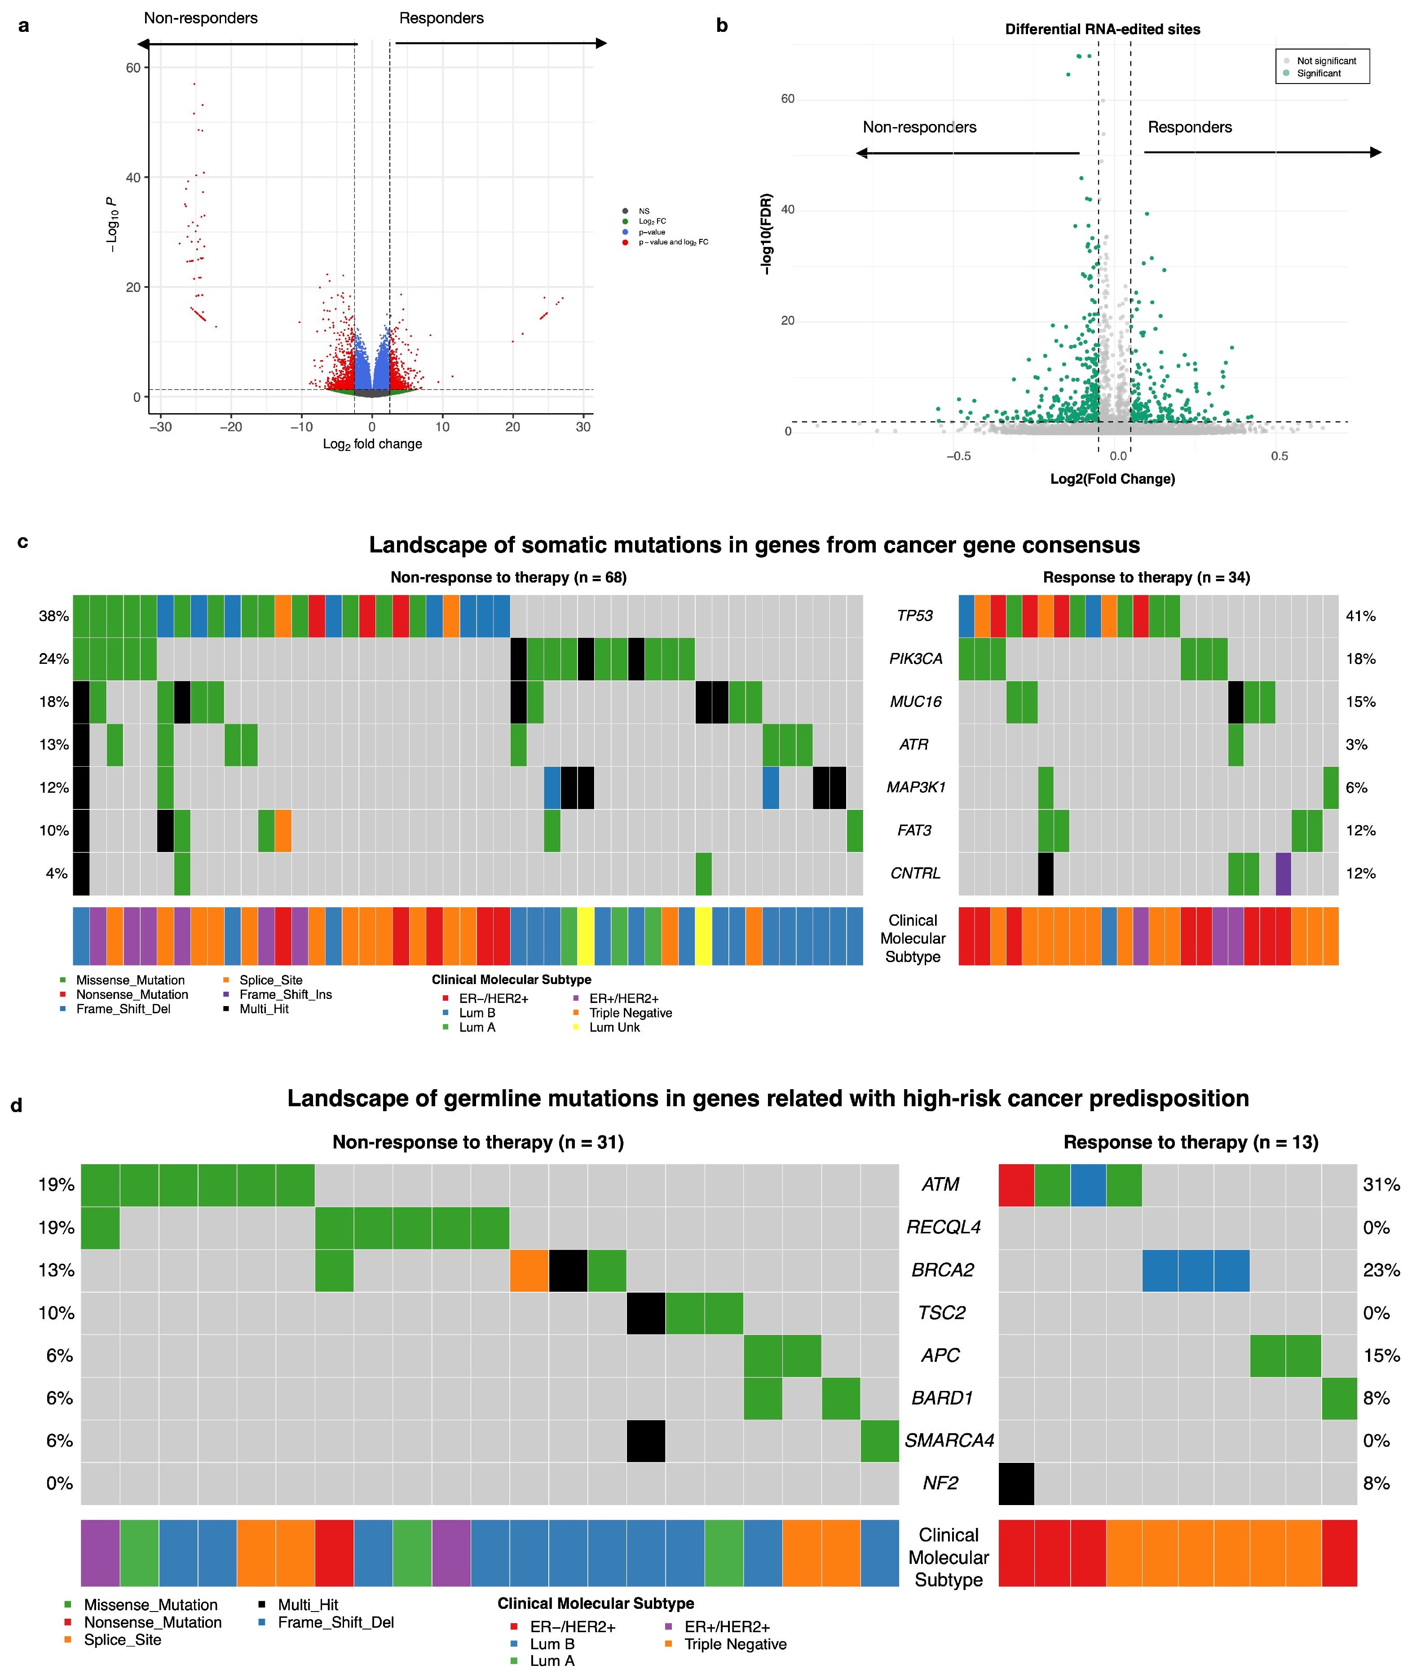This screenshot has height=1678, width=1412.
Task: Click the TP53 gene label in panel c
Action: coord(914,616)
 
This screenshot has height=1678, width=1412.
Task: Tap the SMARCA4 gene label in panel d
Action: coord(949,1441)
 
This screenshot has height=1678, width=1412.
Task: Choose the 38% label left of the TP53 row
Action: coord(53,616)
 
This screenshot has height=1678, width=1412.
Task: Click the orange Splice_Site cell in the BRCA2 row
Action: coord(529,1271)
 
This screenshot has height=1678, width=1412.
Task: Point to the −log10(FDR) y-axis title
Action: coord(767,234)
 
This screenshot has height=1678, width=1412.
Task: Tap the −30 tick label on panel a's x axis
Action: coord(160,427)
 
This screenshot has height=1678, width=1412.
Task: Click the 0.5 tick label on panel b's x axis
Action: coord(1279,456)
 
